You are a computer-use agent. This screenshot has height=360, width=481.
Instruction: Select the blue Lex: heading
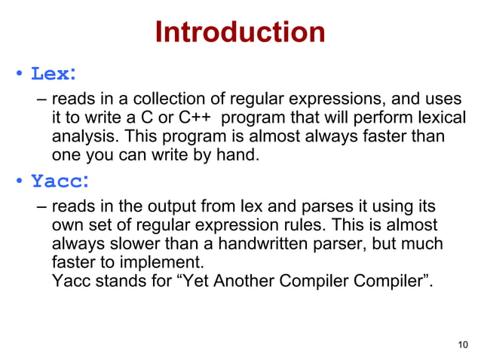point(53,75)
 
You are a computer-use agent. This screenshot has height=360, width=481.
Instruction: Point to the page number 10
point(463,345)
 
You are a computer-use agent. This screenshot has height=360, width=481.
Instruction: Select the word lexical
point(438,119)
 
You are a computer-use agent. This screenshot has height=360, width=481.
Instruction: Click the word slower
point(130,245)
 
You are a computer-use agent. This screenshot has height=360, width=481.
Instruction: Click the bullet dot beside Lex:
point(20,76)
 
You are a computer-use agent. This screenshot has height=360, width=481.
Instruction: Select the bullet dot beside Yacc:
point(20,183)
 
